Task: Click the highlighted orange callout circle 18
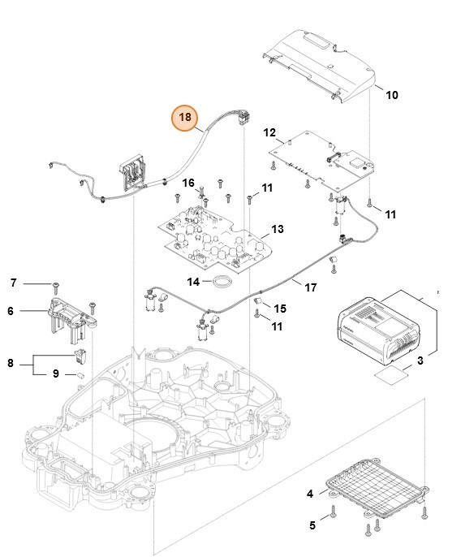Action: click(x=185, y=118)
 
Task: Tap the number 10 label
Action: click(x=391, y=95)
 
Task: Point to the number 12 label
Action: click(x=271, y=132)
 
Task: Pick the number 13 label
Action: click(x=278, y=230)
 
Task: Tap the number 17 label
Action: click(x=310, y=287)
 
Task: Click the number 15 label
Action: click(x=280, y=309)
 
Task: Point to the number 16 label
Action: click(x=188, y=183)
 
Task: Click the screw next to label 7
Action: click(x=55, y=284)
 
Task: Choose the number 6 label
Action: click(x=11, y=310)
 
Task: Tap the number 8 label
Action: click(x=11, y=363)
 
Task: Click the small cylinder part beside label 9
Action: click(x=81, y=376)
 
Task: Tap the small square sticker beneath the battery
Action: click(x=389, y=376)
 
